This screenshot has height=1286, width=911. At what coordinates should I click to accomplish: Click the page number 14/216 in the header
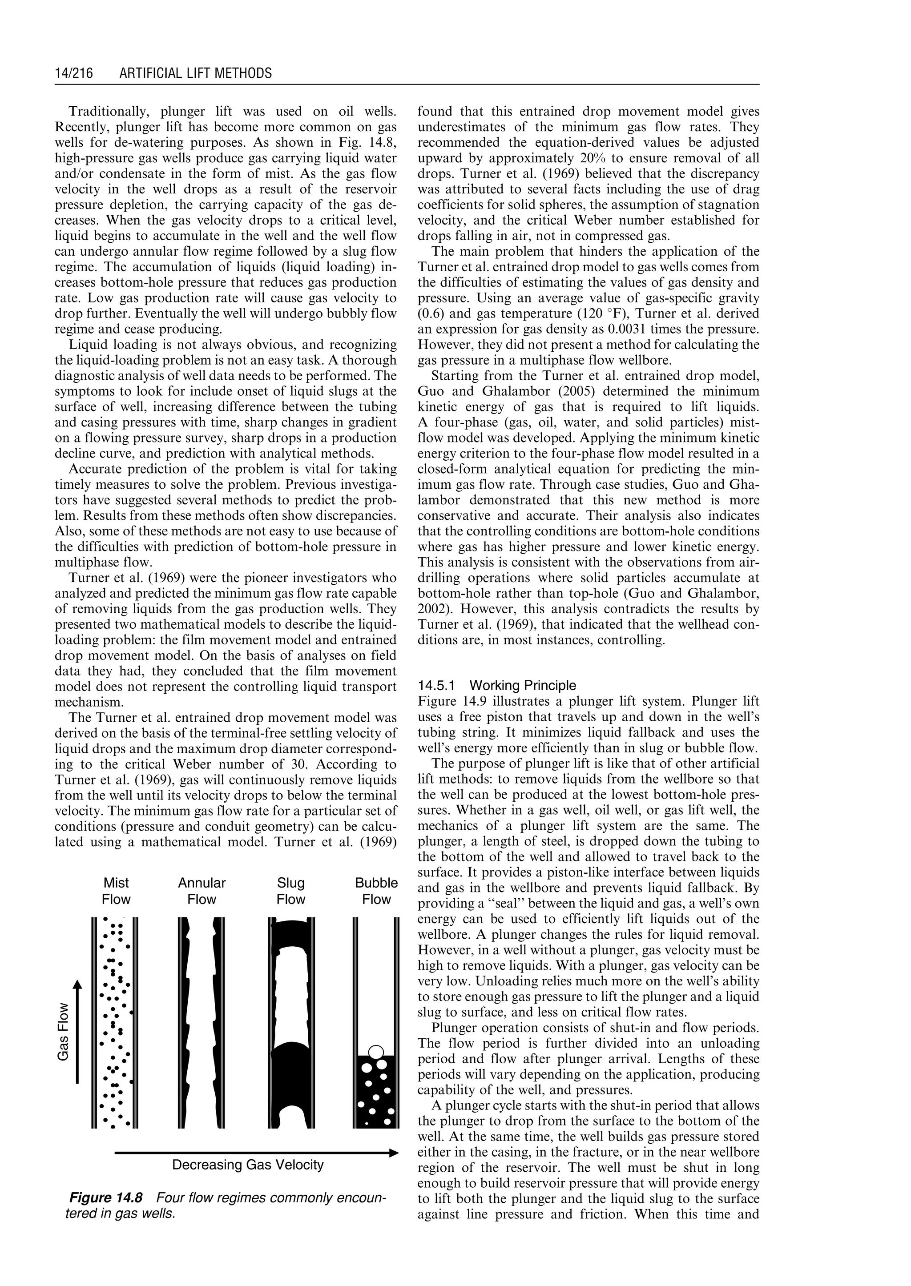pos(73,73)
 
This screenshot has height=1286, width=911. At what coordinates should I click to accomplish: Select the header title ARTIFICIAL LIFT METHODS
pos(196,73)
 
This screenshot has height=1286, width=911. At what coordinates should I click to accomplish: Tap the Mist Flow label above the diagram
pos(116,891)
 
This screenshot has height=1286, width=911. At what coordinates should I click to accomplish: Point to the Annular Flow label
pos(202,891)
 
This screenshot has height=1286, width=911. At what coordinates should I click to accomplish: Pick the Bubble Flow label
pos(376,891)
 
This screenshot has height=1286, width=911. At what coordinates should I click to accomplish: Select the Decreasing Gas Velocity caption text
pos(247,1165)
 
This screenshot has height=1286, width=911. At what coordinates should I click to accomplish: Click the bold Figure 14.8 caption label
pos(105,1198)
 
